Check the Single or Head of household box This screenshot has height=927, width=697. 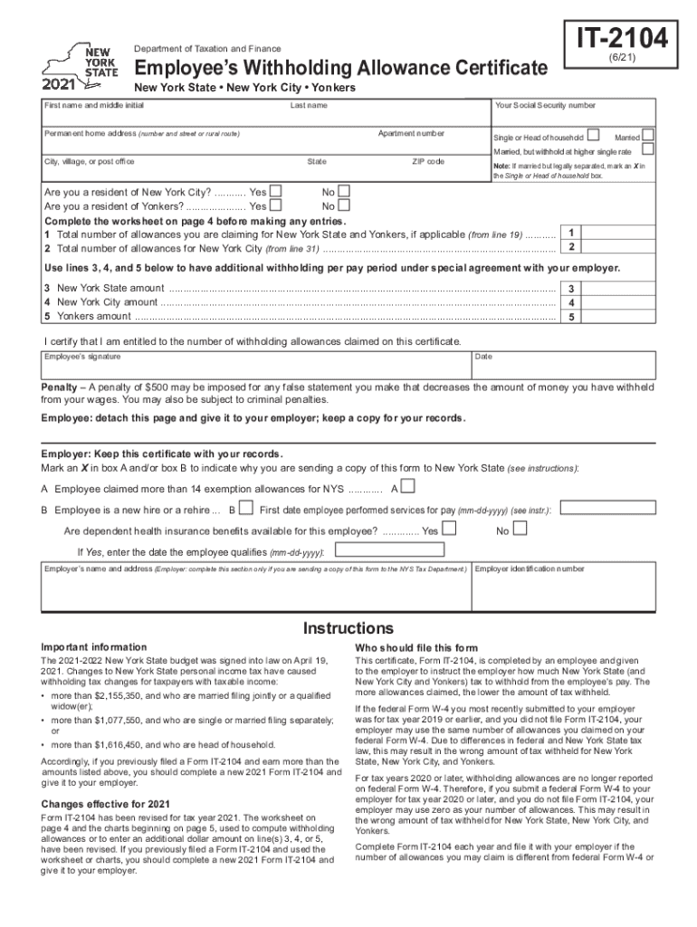[593, 135]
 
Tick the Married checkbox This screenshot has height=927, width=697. [648, 135]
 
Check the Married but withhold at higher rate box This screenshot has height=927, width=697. [648, 150]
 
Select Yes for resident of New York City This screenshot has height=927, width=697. [276, 192]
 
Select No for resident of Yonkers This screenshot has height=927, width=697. [342, 205]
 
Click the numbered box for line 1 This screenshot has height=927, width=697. [571, 234]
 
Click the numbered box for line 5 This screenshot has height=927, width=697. [571, 316]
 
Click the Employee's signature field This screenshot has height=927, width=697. [253, 366]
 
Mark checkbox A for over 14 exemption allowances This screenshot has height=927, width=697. [408, 487]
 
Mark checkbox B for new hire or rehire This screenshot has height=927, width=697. [244, 510]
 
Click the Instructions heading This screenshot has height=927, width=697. [348, 628]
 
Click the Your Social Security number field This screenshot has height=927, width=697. [572, 115]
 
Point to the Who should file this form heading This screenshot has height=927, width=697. [415, 648]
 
